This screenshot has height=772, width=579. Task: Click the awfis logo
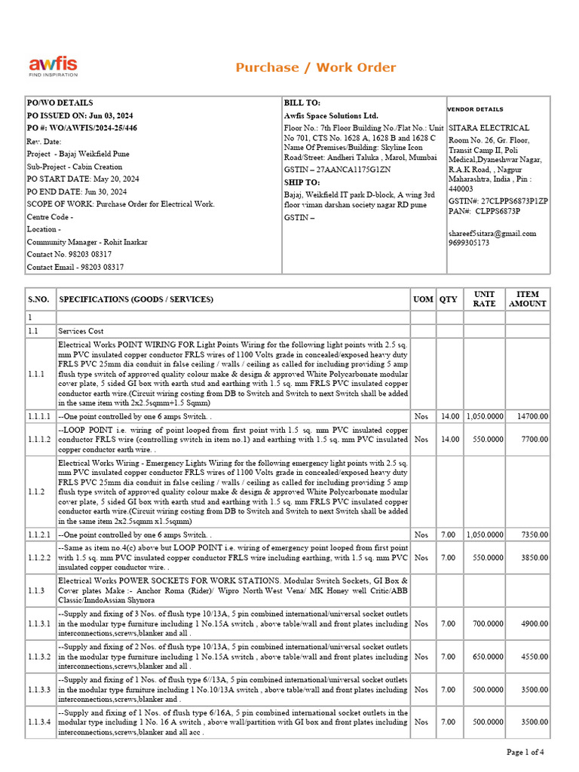point(53,66)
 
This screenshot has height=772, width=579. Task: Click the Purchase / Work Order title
point(315,68)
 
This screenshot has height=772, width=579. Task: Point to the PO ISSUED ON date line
point(80,115)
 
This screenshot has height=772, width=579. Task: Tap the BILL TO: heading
point(302,103)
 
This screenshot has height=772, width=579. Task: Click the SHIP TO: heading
point(302,182)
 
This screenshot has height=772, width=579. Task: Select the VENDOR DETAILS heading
point(476,109)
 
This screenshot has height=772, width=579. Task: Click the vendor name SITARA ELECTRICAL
point(489,128)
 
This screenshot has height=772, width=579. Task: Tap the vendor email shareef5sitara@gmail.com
point(492,233)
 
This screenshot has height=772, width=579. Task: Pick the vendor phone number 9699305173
point(469,243)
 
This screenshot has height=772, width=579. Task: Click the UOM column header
point(422,299)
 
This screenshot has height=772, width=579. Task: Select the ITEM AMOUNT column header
point(528,299)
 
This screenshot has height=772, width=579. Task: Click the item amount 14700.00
point(532,415)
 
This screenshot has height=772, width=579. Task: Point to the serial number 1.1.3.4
point(40,722)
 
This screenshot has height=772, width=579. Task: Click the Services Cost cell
point(81,331)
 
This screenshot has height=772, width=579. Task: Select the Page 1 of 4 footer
point(525,752)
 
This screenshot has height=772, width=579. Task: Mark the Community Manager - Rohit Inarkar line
point(87,242)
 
